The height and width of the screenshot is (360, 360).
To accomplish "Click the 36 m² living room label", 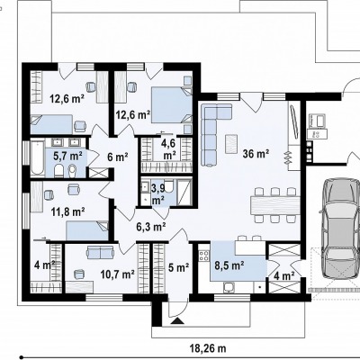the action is coord(256,154).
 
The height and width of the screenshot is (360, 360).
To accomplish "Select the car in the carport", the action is coord(341,229).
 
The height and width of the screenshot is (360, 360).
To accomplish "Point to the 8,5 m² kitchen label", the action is coord(229,265).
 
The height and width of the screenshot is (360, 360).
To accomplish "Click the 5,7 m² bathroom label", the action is coord(67,156).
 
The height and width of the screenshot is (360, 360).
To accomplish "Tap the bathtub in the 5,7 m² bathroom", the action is coord(38,157).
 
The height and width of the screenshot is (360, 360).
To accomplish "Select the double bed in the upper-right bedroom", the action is coord(172,104).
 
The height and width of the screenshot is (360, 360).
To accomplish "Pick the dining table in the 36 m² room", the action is coord(275,205).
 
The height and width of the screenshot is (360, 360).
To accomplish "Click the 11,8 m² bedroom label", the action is coord(67,212).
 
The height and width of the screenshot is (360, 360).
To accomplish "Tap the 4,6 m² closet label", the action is coord(168,149).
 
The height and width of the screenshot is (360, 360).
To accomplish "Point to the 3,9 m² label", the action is coord(158,193).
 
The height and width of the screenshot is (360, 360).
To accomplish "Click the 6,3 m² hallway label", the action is coord(151,227).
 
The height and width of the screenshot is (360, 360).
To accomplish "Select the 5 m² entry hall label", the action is coord(178,267).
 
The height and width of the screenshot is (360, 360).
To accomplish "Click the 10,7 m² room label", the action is coord(117,274).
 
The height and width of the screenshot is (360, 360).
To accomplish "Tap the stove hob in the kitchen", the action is coord(204,256).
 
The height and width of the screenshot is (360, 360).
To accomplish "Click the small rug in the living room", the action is coord(231,143).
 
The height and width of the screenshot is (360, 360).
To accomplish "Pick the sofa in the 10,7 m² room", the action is coord(100,252).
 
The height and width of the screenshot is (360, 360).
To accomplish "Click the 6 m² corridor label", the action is coord(118,157).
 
